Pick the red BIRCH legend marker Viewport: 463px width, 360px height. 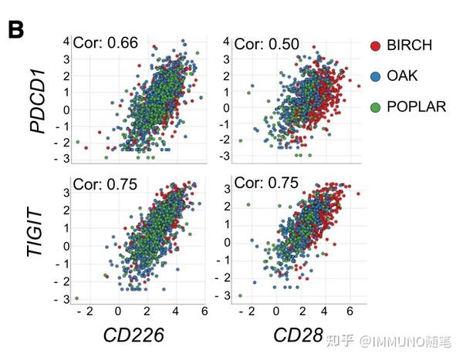[375, 46]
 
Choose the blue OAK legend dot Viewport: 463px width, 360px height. [375, 76]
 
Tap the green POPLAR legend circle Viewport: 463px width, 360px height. [375, 107]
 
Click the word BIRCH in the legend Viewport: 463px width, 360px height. [409, 46]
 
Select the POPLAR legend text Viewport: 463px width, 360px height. [417, 107]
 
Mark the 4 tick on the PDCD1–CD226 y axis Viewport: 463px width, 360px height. [67, 41]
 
